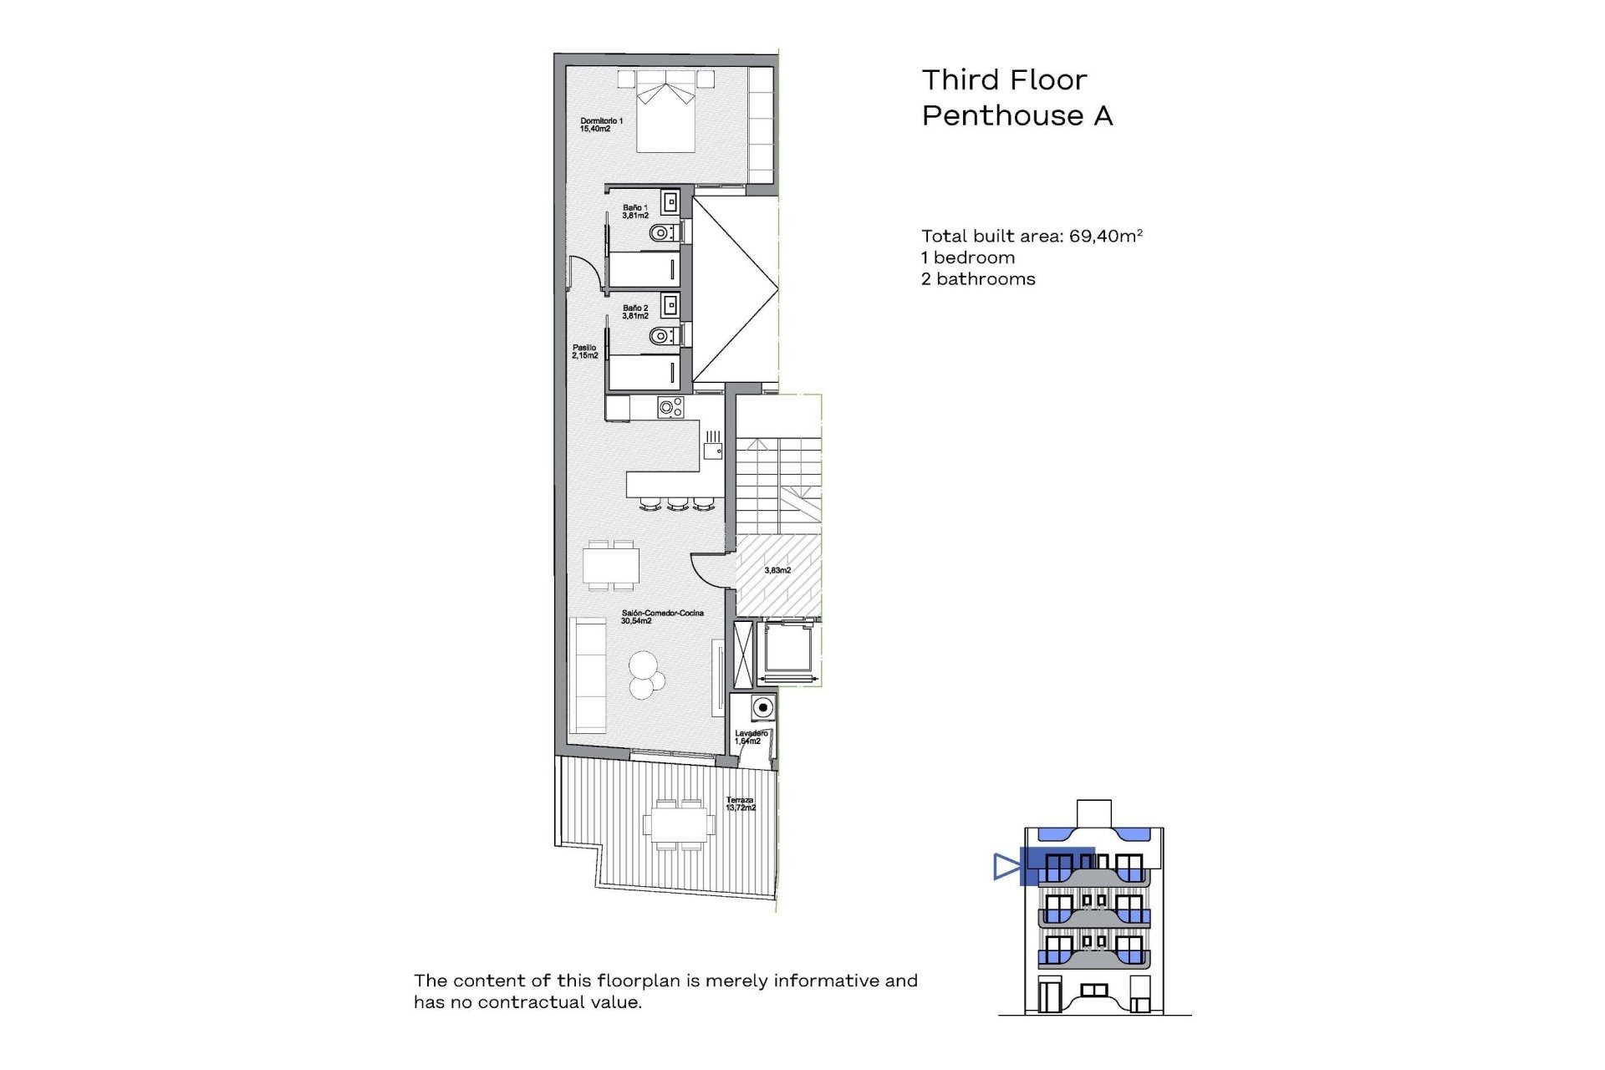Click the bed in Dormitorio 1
click(x=665, y=121)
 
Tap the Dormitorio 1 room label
click(x=601, y=125)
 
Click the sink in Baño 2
click(x=670, y=304)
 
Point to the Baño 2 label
click(x=635, y=312)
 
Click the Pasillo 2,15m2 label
click(x=584, y=352)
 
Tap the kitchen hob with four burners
click(x=670, y=408)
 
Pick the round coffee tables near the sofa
click(x=645, y=674)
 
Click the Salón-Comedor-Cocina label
click(x=661, y=617)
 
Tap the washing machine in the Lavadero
click(x=762, y=708)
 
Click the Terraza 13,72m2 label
click(x=740, y=804)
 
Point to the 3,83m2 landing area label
click(x=777, y=570)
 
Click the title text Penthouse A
click(x=1016, y=115)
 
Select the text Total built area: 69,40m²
click(x=1031, y=237)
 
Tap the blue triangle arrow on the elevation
click(x=1006, y=866)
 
